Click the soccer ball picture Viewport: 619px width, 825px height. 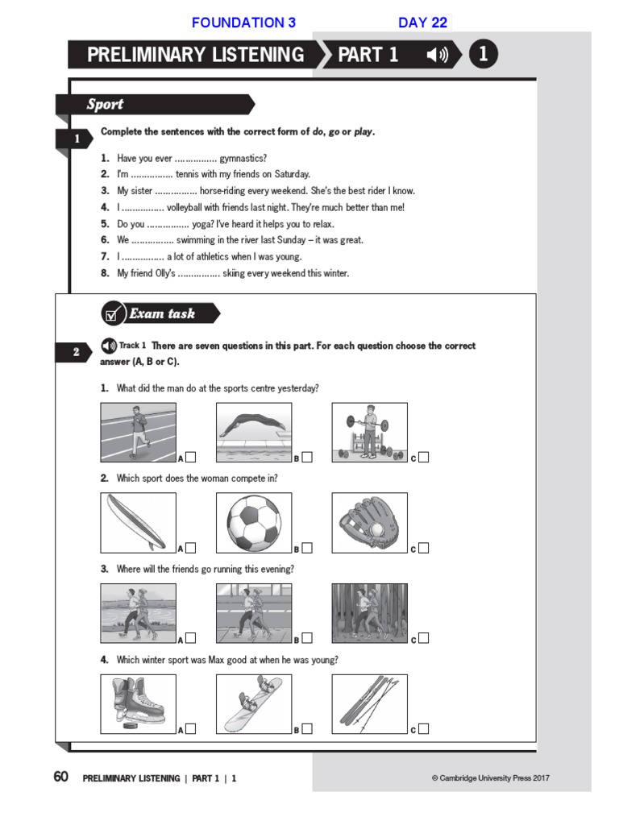[254, 522]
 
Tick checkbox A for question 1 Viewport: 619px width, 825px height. [191, 458]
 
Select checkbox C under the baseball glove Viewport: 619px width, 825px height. [424, 548]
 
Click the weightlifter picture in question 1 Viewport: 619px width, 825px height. [369, 432]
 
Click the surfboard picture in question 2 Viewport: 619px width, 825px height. [138, 522]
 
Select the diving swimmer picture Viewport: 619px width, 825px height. [254, 432]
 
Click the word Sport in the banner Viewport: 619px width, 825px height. [105, 104]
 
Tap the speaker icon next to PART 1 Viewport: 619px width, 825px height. [437, 55]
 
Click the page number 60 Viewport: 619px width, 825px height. [60, 777]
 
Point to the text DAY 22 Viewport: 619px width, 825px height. [422, 23]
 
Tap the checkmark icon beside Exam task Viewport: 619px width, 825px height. [113, 313]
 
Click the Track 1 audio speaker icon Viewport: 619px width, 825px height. [109, 346]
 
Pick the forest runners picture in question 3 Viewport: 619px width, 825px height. [369, 612]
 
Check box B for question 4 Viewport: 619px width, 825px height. [307, 729]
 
